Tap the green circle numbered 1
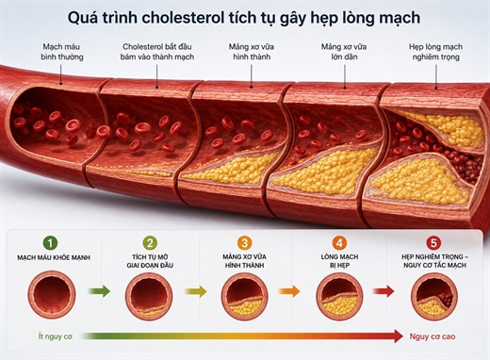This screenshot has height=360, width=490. tap(51, 243)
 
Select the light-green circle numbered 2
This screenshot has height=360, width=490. tap(150, 243)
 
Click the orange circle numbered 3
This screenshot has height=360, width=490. tap(244, 243)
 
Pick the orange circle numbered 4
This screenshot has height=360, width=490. tap(339, 243)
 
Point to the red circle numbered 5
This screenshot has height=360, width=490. tap(433, 243)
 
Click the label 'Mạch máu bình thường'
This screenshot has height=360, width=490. tap(62, 52)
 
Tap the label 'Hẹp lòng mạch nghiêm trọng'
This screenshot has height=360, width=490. tap(435, 52)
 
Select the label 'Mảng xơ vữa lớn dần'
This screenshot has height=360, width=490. tap(344, 52)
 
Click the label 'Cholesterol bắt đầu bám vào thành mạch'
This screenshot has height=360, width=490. tap(157, 52)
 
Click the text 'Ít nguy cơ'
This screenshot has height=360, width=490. tap(56, 336)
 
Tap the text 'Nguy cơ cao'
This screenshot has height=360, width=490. tap(433, 336)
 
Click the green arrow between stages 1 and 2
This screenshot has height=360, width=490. tap(99, 291)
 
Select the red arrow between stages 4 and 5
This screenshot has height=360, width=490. tap(384, 291)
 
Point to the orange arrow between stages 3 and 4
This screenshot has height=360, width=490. tap(289, 291)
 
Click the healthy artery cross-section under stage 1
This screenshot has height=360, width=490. tap(52, 294)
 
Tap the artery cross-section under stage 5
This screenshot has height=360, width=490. tap(434, 296)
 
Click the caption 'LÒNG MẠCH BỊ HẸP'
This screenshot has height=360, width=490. tap(339, 261)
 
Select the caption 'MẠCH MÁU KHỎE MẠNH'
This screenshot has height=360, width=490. tap(54, 257)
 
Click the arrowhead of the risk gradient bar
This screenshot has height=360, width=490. tap(398, 336)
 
